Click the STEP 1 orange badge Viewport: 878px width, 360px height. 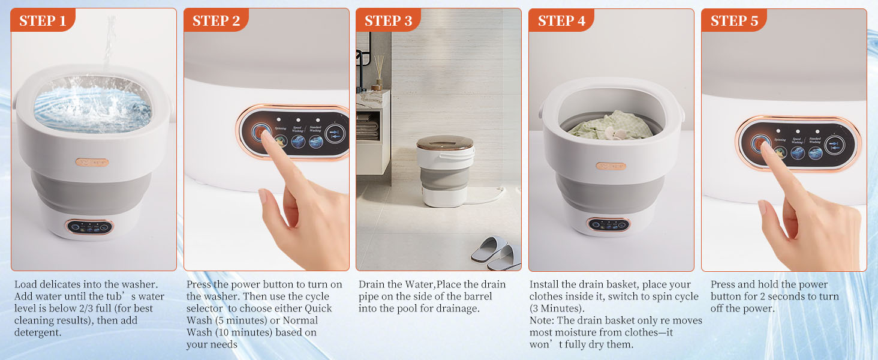click(43, 21)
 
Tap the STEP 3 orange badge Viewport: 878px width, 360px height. click(388, 21)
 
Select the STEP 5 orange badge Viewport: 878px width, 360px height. click(733, 21)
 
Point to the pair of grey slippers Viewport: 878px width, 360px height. click(496, 252)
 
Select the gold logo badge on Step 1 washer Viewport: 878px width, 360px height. click(92, 162)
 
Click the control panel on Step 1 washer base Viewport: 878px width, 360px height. click(89, 227)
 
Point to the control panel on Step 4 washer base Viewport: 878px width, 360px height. click(609, 225)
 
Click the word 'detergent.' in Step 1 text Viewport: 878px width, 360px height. click(37, 332)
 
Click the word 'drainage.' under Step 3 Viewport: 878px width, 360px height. click(460, 308)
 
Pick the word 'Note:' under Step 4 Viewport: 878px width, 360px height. click(542, 320)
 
